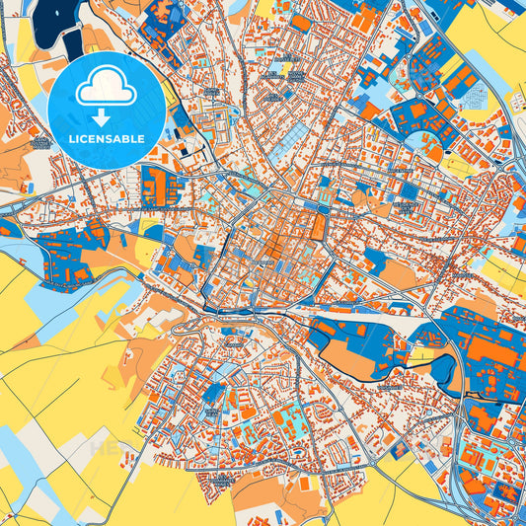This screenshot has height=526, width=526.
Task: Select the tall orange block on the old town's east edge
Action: tap(317, 227)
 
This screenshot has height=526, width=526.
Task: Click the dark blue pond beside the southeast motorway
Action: tap(443, 372)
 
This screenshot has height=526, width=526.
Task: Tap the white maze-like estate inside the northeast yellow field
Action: tap(475, 99)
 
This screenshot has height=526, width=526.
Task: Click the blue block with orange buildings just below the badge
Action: tap(158, 187)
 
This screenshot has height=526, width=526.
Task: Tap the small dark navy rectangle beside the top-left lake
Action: tap(73, 41)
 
